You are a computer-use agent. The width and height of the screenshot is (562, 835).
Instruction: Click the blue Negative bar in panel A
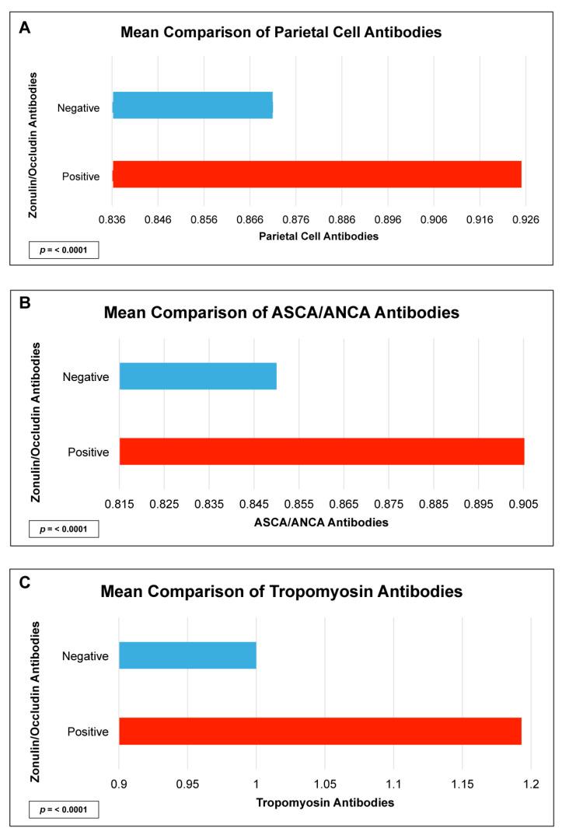point(193,105)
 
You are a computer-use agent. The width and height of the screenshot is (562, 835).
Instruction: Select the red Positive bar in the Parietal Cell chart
point(317,174)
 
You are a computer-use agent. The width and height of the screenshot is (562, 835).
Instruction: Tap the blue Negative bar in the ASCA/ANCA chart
point(198,376)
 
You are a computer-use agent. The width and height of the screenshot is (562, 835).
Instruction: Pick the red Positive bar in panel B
point(322,451)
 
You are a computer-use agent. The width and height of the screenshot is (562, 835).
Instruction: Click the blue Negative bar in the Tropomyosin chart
point(187,655)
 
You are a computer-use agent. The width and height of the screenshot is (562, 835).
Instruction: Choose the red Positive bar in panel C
point(319,731)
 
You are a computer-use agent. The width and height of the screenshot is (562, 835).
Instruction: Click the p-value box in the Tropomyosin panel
point(65,810)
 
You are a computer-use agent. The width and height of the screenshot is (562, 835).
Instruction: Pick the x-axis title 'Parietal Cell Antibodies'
point(319,236)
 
